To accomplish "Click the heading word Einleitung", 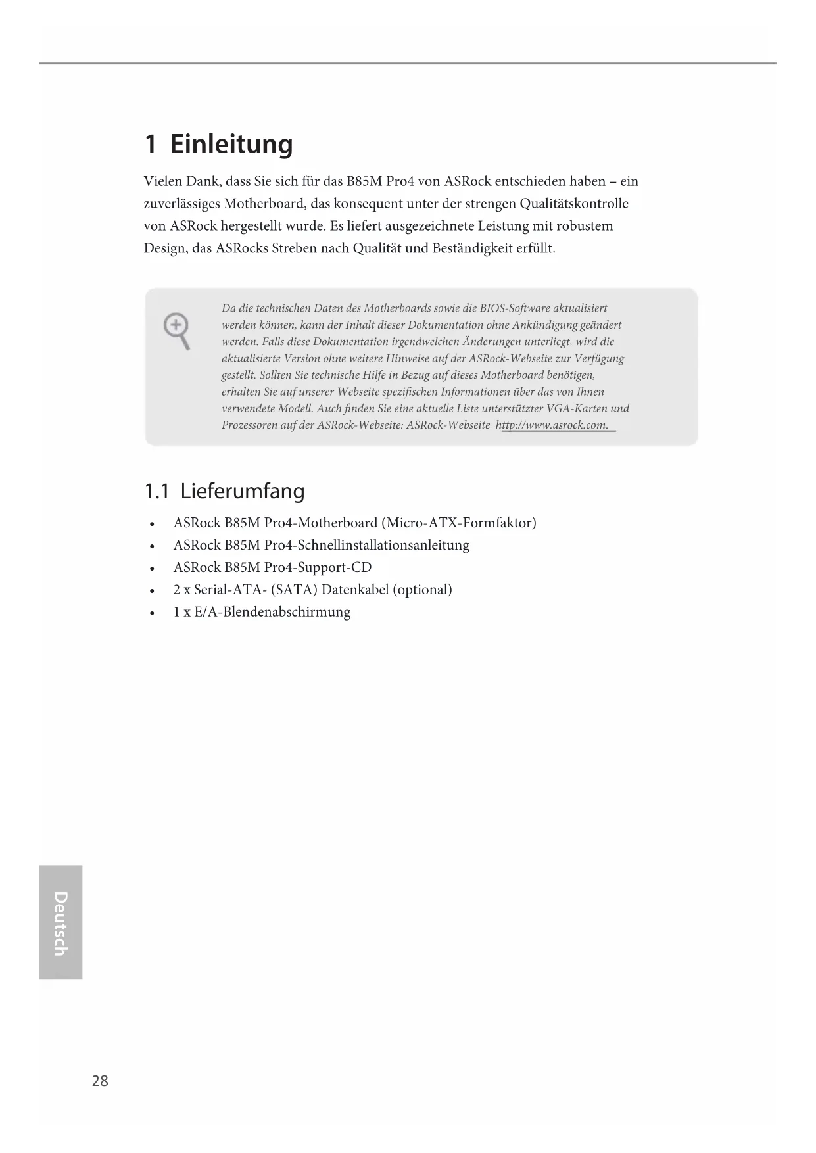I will (231, 144).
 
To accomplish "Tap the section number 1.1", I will (157, 491).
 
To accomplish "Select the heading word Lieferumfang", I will (243, 491).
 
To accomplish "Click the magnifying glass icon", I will (178, 331).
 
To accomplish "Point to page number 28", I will (100, 1081).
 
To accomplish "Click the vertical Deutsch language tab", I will (60, 922).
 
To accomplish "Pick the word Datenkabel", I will (355, 590).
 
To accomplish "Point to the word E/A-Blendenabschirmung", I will (272, 612).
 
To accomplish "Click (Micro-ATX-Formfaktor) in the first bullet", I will (459, 523).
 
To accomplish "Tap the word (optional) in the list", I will (422, 590).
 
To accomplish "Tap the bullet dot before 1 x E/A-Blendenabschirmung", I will (152, 613).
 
